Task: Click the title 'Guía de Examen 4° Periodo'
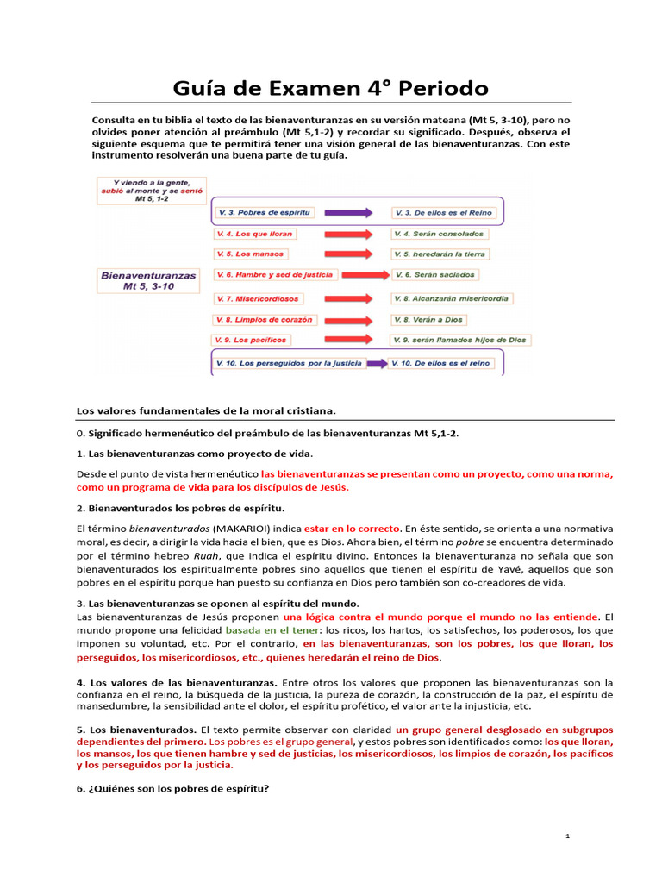pyautogui.click(x=331, y=88)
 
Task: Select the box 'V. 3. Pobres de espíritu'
pyautogui.click(x=264, y=212)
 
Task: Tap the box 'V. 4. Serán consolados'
pyautogui.click(x=438, y=234)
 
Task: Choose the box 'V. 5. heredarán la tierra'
pyautogui.click(x=440, y=254)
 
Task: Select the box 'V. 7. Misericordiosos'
pyautogui.click(x=258, y=298)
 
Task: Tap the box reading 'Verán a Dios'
pyautogui.click(x=428, y=319)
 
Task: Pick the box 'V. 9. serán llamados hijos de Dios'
pyautogui.click(x=459, y=340)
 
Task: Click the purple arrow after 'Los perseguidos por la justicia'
pyautogui.click(x=372, y=363)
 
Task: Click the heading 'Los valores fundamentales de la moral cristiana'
pyautogui.click(x=207, y=410)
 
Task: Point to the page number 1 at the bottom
pyautogui.click(x=568, y=836)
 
